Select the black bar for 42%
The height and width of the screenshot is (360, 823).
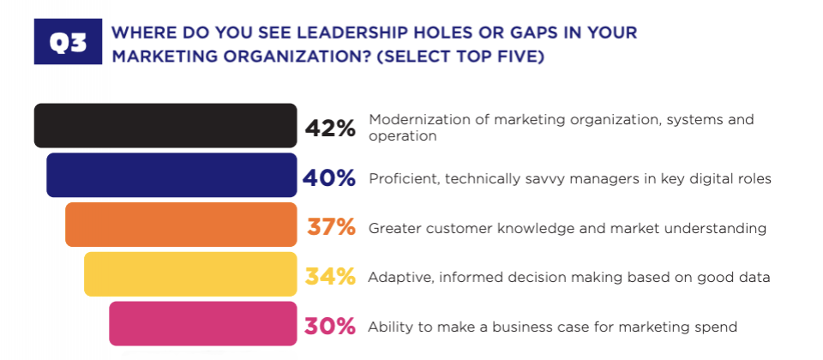point(165,125)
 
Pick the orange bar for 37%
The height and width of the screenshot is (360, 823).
point(181,225)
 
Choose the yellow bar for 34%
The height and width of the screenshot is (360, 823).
point(190,274)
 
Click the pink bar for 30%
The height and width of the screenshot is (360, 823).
point(203,323)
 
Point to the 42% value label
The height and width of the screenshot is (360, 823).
point(330,129)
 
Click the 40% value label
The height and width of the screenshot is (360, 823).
point(329,178)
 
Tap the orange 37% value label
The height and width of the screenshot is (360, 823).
point(331,227)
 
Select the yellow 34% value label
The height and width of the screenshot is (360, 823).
point(331,277)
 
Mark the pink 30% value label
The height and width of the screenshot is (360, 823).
point(330,327)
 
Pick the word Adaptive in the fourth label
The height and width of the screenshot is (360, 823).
point(395,277)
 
